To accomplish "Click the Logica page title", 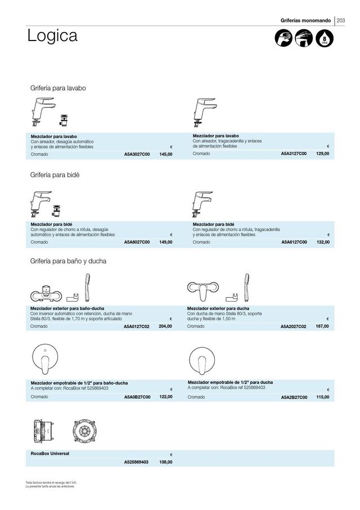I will pos(52,37).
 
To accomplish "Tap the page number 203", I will pos(341,21).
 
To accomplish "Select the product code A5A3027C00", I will pos(137,154).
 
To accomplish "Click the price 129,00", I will pos(323,154).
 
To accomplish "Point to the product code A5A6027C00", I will pos(137,242).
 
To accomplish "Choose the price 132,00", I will pos(323,242).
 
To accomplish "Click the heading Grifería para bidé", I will pos(55,175).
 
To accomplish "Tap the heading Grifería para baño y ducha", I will pos(68,261).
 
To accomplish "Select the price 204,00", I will pos(165,326).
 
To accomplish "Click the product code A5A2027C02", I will pos(294,326).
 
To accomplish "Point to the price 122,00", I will pos(165,397).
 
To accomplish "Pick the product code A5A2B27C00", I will pos(294,397).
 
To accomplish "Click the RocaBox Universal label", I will pos(51,453).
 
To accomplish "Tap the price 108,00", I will pos(165,462).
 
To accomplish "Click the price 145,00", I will pos(165,154).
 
